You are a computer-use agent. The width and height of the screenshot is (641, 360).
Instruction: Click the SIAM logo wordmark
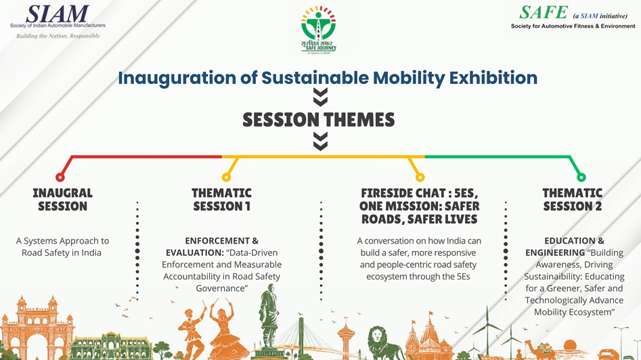pyautogui.click(x=58, y=14)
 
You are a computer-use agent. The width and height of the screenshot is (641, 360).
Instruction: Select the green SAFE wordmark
pyautogui.click(x=544, y=12)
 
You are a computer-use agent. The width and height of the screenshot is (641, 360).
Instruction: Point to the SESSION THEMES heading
pyautogui.click(x=318, y=120)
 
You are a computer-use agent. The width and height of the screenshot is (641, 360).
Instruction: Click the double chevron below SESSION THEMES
pyautogui.click(x=321, y=141)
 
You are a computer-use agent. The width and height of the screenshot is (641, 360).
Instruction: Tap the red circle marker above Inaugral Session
pyautogui.click(x=60, y=177)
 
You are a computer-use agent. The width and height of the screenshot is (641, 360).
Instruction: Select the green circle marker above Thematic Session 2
pyautogui.click(x=581, y=177)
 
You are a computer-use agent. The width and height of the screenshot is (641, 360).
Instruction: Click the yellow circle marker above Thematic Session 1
pyautogui.click(x=226, y=177)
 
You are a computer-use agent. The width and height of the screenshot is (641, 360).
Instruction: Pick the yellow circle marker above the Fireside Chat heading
pyautogui.click(x=420, y=177)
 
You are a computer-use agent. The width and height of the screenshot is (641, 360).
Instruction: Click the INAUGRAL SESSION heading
pyautogui.click(x=62, y=200)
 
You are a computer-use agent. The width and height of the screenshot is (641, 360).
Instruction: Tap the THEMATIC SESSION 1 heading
pyautogui.click(x=221, y=200)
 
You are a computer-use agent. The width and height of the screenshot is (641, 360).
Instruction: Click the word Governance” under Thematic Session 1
pyautogui.click(x=222, y=288)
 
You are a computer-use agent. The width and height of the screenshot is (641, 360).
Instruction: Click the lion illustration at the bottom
pyautogui.click(x=383, y=342)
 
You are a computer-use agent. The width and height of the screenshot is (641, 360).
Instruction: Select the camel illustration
pyautogui.click(x=539, y=350)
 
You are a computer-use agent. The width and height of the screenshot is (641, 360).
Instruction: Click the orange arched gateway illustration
pyautogui.click(x=37, y=329)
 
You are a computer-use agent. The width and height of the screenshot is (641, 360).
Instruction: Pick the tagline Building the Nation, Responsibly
pyautogui.click(x=58, y=36)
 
